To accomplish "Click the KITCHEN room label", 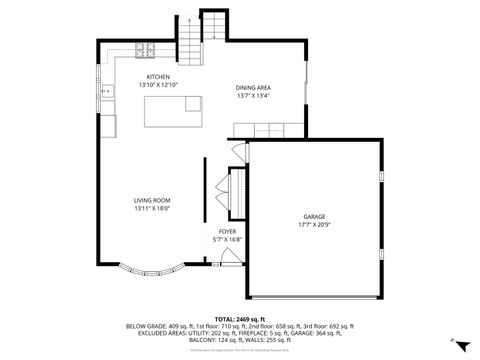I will [x=158, y=77].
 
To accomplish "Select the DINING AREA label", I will [x=253, y=88].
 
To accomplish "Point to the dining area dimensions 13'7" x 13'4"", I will [x=253, y=96].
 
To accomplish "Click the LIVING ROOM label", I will [x=153, y=200].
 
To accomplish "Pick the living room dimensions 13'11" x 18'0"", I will [x=153, y=208].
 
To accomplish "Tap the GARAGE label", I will [x=315, y=216].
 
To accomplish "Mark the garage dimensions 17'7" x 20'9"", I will [x=315, y=224].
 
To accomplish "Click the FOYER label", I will [x=227, y=231].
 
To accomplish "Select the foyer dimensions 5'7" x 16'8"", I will [x=227, y=239].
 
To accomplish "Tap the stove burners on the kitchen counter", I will [x=144, y=50].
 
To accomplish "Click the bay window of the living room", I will [x=150, y=268].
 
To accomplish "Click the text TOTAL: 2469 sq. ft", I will [x=240, y=317].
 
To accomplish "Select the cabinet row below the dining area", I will [x=267, y=127].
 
